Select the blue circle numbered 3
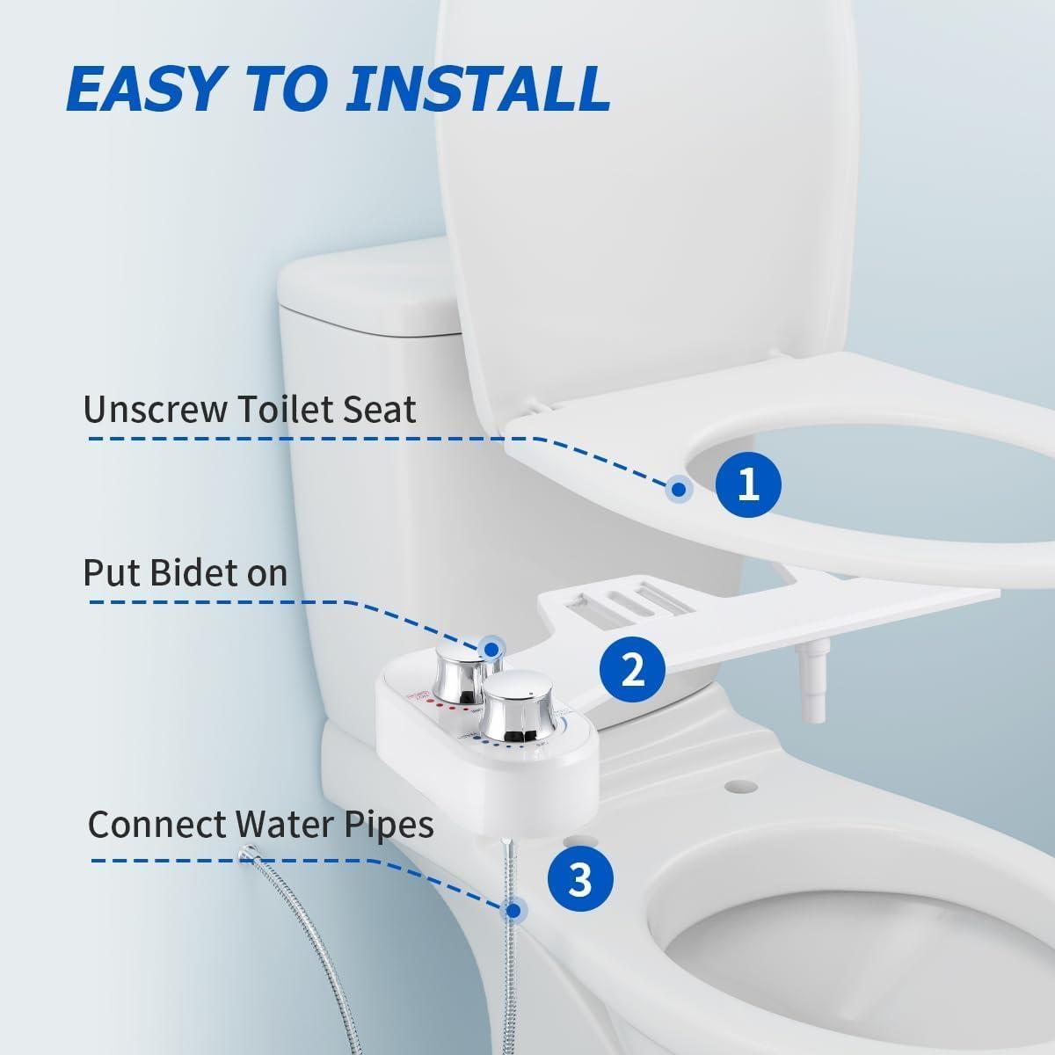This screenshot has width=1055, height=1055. [580, 879]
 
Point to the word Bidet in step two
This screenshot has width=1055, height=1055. [192, 573]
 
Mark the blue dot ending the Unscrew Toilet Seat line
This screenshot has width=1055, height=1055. [678, 490]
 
